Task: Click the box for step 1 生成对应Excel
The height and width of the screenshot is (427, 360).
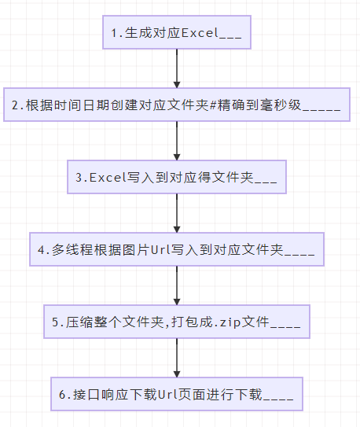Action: [177, 32]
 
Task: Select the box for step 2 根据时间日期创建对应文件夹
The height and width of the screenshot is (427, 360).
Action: [177, 105]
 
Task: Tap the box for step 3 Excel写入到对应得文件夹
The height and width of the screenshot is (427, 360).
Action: [177, 177]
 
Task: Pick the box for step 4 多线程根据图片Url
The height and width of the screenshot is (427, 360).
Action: [177, 249]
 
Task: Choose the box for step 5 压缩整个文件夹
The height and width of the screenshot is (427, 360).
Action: [177, 322]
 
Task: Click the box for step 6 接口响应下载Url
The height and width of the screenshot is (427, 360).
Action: [177, 394]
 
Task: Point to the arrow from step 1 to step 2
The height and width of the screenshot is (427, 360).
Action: [177, 68]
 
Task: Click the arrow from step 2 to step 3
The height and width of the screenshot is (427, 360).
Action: [177, 141]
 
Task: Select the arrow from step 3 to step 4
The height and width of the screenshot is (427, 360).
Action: [177, 213]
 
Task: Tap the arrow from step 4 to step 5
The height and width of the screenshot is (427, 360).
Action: [177, 285]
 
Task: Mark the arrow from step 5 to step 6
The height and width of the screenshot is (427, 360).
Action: [177, 358]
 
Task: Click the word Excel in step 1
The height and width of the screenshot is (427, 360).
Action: [200, 33]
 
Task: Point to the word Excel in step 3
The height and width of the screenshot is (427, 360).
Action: [108, 178]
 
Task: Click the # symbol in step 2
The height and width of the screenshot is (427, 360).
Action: [213, 105]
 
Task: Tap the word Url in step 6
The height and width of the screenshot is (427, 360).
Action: [167, 394]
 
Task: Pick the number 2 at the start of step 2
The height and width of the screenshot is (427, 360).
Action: [15, 105]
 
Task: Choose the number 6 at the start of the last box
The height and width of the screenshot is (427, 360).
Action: [62, 395]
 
